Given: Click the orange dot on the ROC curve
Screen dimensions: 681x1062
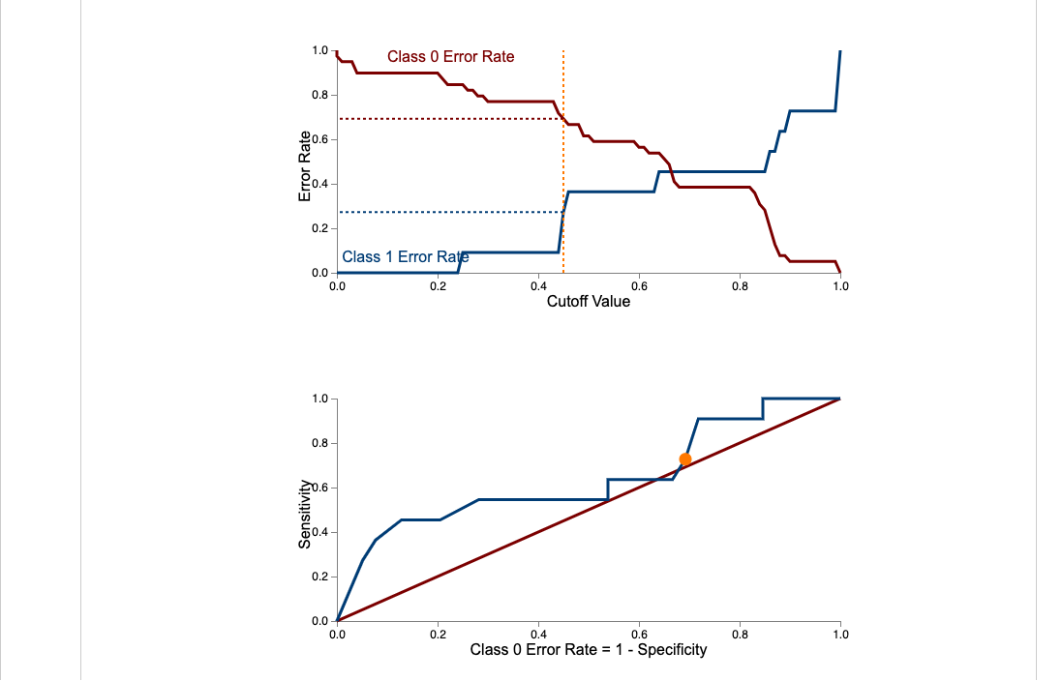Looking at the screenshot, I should [685, 459].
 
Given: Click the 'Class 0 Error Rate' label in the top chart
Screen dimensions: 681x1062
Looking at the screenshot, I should [450, 57].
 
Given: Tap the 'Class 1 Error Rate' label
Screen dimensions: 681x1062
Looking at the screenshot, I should [405, 257].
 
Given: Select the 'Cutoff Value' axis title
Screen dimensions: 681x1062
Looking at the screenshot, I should [588, 302].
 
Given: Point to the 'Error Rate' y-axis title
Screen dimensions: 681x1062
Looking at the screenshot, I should [305, 165].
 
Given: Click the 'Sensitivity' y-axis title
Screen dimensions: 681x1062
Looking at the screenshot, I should [305, 515].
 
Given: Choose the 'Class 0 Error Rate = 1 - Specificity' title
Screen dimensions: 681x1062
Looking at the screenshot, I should [588, 649].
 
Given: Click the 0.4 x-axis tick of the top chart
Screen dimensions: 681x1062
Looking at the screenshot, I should [538, 286].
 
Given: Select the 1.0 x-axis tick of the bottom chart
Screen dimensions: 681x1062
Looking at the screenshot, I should [839, 635].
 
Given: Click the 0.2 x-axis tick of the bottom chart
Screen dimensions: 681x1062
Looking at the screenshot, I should [438, 635].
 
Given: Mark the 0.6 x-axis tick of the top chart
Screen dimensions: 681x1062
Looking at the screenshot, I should [639, 286].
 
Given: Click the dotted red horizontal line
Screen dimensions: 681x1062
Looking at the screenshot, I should [445, 119].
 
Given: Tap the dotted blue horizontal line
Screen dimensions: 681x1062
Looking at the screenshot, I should [445, 212].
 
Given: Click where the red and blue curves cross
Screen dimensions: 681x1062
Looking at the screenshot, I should [672, 172].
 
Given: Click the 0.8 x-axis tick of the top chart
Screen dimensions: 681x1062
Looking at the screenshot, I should [740, 286].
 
